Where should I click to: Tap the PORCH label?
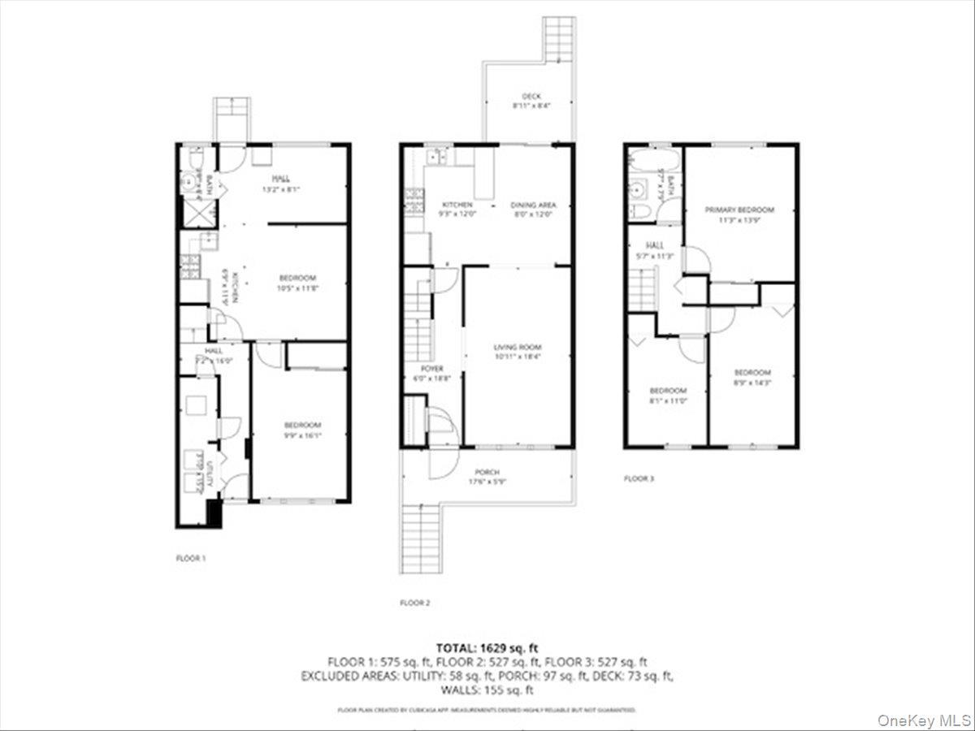[487, 472]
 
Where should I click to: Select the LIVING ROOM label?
[518, 347]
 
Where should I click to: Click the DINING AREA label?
[533, 205]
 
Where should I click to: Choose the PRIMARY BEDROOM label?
[739, 210]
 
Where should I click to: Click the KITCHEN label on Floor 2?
[457, 205]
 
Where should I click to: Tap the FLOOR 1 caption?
[191, 558]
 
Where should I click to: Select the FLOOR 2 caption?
[415, 603]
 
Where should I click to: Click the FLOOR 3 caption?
[639, 478]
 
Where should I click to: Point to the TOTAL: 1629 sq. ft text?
[487, 648]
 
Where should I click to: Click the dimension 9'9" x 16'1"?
[301, 435]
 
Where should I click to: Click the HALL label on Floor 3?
[656, 245]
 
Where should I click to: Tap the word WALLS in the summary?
[457, 690]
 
